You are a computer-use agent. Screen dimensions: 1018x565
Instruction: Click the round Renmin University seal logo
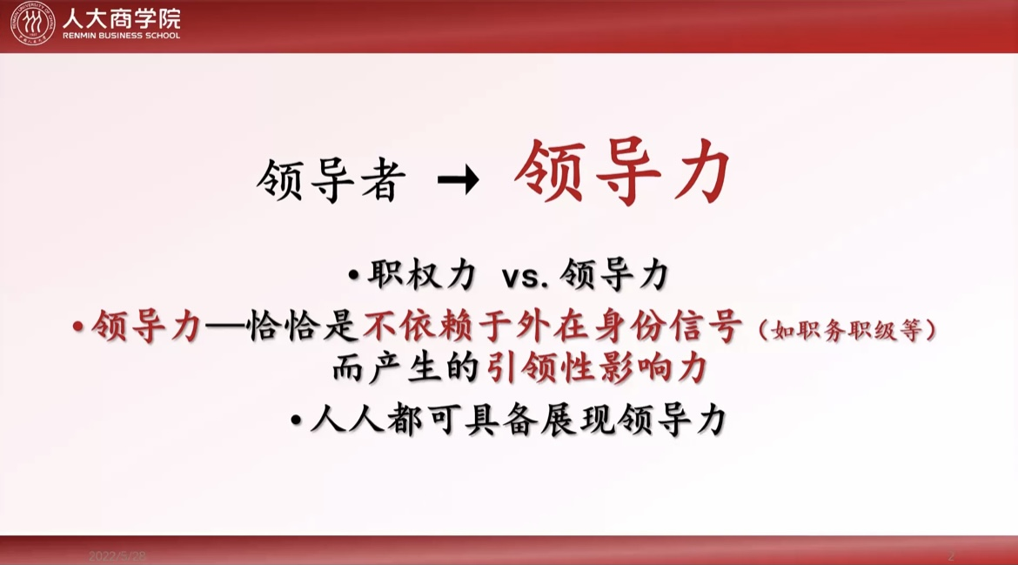[x=32, y=24]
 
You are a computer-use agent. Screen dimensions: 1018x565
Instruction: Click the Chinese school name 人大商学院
[x=122, y=19]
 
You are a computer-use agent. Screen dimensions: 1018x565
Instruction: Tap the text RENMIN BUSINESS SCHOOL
[x=122, y=36]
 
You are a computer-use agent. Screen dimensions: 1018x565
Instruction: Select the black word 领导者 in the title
[x=332, y=180]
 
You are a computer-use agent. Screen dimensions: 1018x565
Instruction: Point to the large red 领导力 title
[x=623, y=172]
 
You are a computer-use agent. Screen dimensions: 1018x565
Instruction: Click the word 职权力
[x=423, y=275]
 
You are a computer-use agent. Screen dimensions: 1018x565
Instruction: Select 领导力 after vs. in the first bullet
[x=613, y=275]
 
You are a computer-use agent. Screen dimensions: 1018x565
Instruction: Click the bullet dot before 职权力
[x=354, y=275]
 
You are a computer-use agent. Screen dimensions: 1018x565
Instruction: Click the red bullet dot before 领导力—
[x=78, y=326]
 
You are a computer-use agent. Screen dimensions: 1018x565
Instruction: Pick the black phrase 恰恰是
[x=303, y=326]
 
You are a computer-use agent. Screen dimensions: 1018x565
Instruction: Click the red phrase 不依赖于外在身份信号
[x=553, y=326]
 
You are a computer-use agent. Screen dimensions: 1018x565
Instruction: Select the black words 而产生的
[x=405, y=368]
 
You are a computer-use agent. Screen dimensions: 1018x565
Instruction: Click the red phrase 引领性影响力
[x=597, y=368]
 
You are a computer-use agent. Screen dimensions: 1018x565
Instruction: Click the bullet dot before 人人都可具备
[x=296, y=420]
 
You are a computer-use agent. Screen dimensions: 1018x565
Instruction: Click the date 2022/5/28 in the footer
[x=117, y=556]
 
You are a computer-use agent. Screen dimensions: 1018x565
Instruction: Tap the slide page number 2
[x=950, y=556]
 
